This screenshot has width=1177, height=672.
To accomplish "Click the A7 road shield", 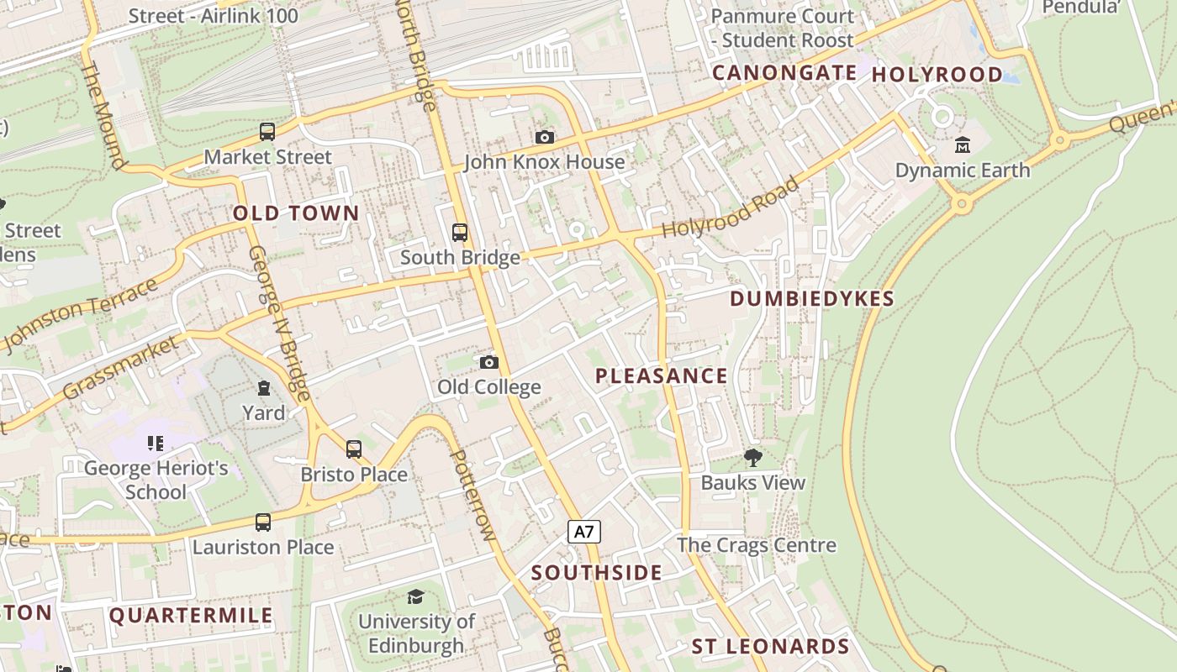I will [585, 532].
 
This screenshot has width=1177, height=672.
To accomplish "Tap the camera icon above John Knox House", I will [545, 137].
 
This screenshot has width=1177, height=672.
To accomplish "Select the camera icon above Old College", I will [488, 362].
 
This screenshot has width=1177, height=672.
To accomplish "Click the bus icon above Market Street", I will [267, 132].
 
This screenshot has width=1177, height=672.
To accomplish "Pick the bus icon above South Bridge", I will [460, 233].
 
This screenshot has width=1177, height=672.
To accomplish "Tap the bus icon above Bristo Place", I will [354, 449].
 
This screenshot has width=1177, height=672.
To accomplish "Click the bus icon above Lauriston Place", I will [263, 522].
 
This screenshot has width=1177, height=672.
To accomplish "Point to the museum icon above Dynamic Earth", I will [962, 145].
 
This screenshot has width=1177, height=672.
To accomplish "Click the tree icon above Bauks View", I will [752, 458].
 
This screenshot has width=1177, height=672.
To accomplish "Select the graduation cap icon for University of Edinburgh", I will [415, 597].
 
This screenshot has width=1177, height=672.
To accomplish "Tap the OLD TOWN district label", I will [296, 213].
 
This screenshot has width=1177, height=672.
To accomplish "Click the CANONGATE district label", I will [784, 73].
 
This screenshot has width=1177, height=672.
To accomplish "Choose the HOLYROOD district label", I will [937, 75].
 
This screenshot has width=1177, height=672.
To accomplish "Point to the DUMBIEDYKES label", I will [811, 299].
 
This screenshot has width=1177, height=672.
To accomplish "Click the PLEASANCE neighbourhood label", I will [661, 375].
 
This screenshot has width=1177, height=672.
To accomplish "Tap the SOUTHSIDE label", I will [596, 573].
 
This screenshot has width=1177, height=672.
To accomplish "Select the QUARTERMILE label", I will [191, 615].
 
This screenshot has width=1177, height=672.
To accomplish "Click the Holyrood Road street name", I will [730, 207].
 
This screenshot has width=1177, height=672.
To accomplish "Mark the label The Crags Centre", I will [756, 545].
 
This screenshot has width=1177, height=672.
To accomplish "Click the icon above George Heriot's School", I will [156, 443].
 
